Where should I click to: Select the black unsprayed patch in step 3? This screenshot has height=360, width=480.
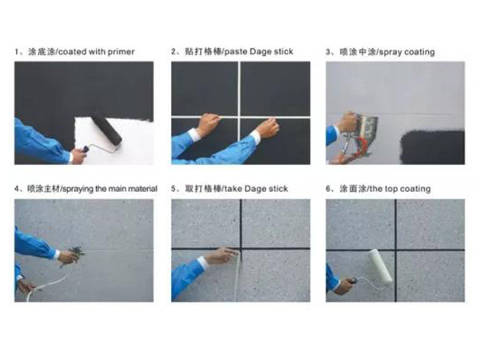(433, 147)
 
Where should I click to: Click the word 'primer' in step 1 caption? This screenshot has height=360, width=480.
(122, 52)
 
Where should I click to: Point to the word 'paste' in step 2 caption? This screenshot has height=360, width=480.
(236, 51)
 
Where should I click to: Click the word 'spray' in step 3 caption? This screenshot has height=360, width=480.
(391, 52)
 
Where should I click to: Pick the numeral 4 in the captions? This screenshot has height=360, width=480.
(16, 189)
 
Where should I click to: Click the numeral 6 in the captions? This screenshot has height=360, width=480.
(328, 189)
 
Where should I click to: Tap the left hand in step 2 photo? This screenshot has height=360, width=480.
(208, 124)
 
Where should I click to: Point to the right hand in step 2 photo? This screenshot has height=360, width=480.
(269, 128)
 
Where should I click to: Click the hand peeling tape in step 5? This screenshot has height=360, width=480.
(222, 256)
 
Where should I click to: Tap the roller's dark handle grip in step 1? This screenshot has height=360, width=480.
(85, 149)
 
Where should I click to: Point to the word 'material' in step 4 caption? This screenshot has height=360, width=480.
(142, 189)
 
